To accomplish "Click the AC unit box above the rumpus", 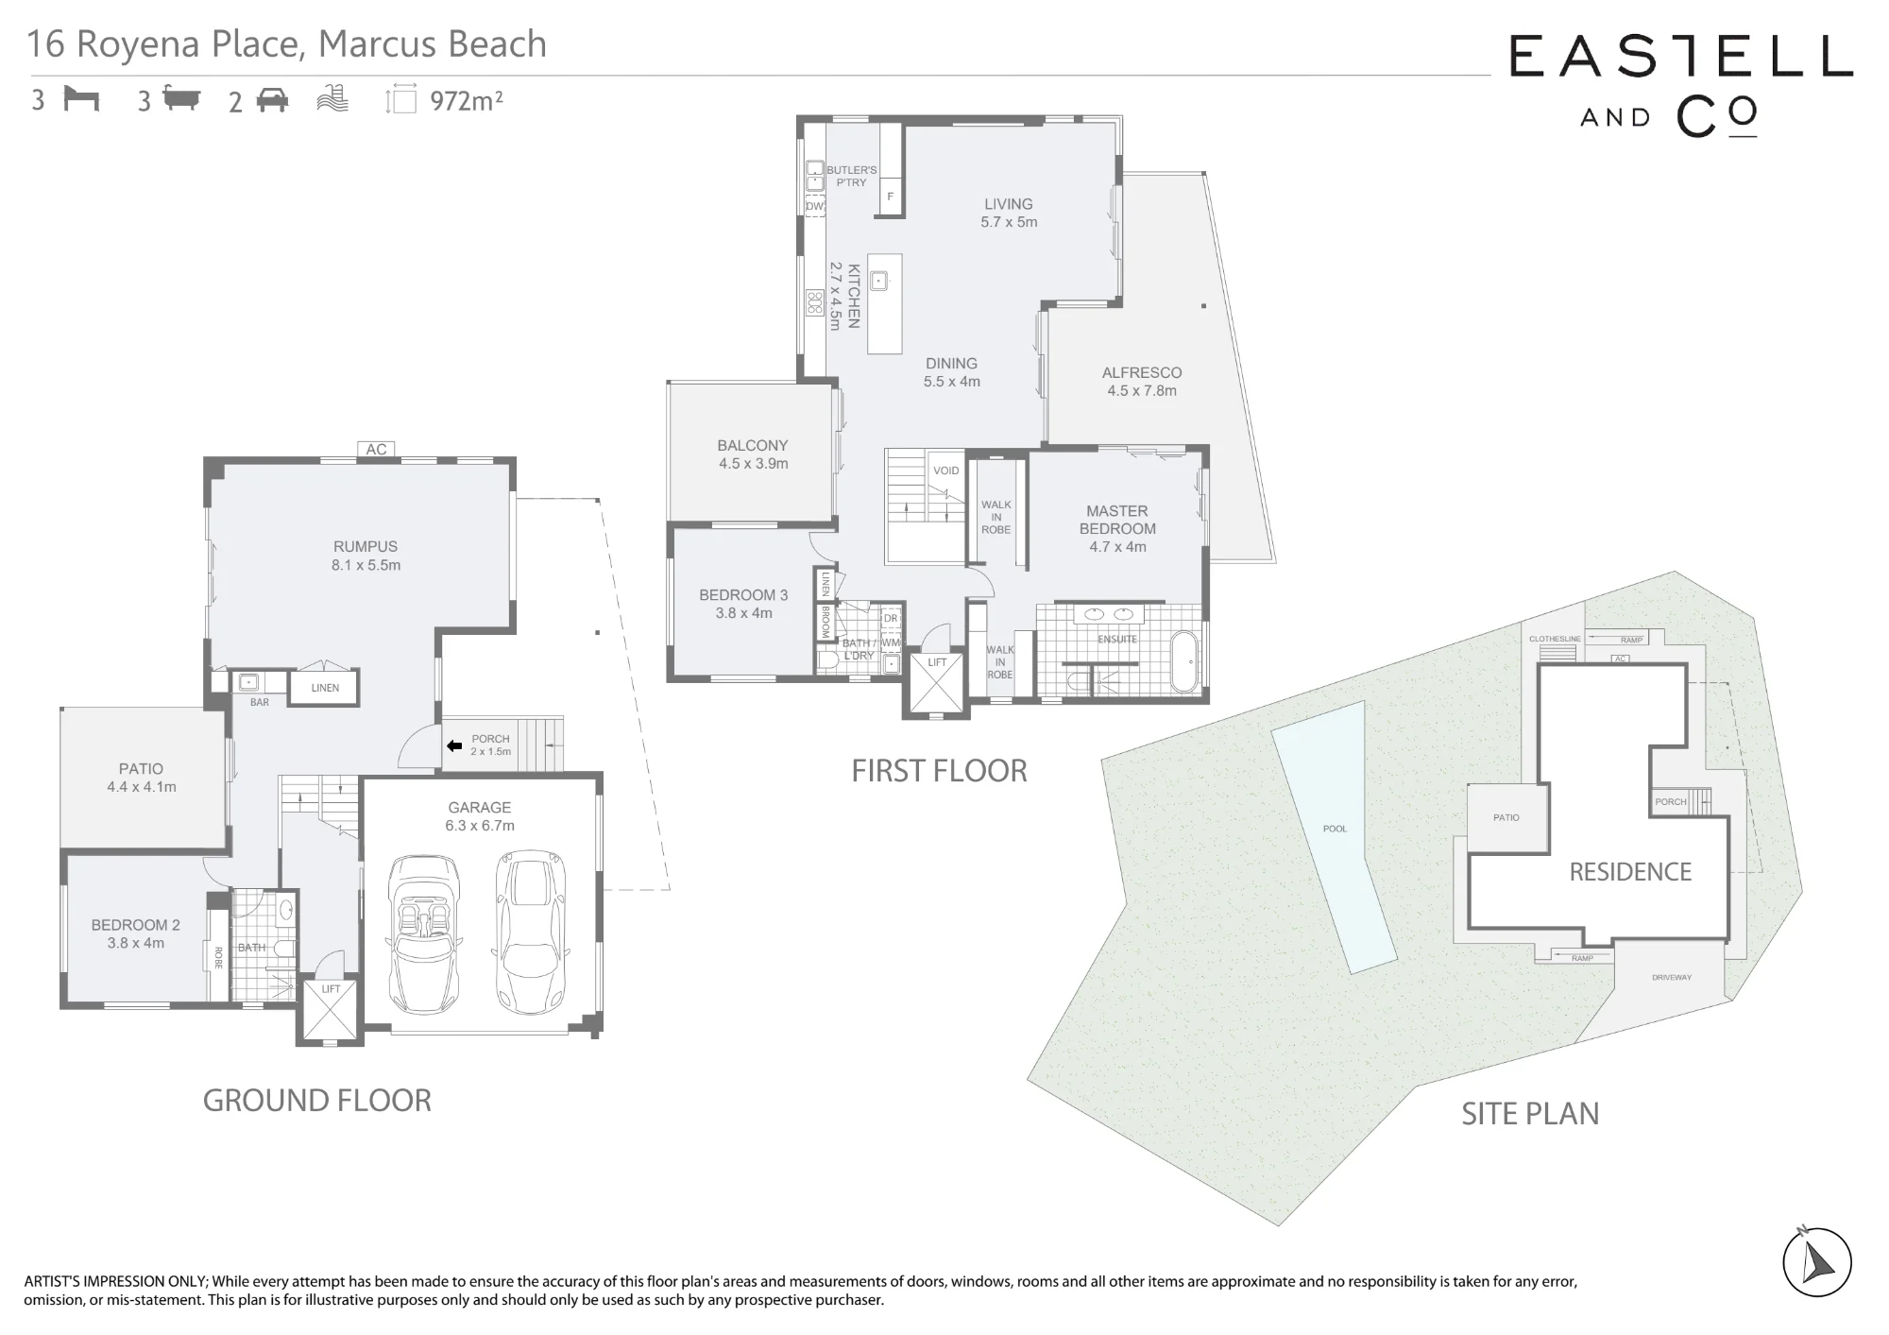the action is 376,449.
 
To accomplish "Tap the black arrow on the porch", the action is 454,745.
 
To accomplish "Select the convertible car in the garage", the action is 423,933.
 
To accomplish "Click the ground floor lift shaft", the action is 330,1010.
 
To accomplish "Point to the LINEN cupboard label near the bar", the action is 325,688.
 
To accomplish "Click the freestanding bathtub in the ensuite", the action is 1183,661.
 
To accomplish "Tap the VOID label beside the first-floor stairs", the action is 945,471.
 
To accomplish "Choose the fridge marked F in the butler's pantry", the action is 890,197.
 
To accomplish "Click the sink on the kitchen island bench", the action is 878,281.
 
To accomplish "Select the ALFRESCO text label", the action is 1142,372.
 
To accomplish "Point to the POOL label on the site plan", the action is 1335,829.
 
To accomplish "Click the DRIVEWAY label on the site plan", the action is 1672,977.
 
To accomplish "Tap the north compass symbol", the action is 1817,1262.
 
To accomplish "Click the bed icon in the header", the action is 81,98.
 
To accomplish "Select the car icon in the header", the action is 272,99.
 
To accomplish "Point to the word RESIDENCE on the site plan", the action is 1630,871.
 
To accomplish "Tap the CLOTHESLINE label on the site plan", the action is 1555,639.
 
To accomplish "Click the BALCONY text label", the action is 752,445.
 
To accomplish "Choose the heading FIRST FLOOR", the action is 939,771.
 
